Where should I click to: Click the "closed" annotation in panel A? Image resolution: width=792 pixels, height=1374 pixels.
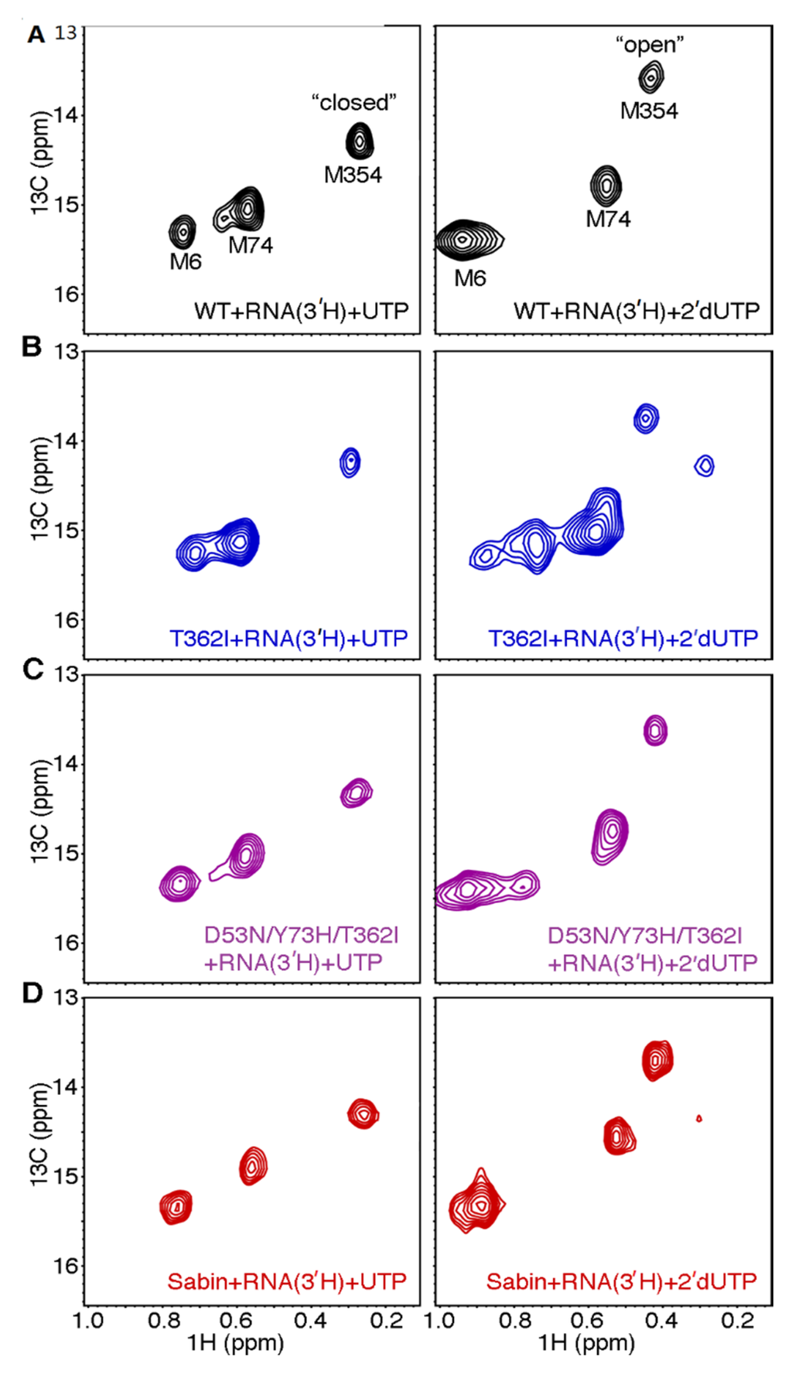(353, 103)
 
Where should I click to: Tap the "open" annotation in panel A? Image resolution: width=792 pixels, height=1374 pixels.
(650, 46)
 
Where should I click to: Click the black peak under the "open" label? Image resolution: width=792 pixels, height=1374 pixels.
(651, 77)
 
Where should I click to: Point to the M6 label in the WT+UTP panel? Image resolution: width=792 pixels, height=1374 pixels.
(186, 262)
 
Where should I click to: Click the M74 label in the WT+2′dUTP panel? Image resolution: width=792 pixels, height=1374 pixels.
(608, 220)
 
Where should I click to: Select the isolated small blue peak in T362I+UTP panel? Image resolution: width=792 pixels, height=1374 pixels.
(350, 462)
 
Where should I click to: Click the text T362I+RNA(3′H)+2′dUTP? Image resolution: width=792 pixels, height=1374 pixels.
(623, 639)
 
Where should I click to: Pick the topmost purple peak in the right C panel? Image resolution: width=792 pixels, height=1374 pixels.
(655, 730)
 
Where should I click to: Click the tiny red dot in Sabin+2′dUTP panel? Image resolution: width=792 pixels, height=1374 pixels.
(699, 1118)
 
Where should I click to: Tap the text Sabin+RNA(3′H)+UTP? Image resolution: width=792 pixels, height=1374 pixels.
(287, 1282)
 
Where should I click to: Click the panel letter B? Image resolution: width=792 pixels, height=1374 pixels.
(32, 346)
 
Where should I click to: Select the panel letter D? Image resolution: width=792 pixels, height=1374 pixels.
(32, 993)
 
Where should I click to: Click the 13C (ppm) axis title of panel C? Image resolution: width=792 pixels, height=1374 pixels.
(39, 811)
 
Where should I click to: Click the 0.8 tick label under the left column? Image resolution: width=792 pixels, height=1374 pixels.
(163, 1320)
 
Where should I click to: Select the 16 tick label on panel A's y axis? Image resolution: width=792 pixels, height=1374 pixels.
(67, 295)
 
